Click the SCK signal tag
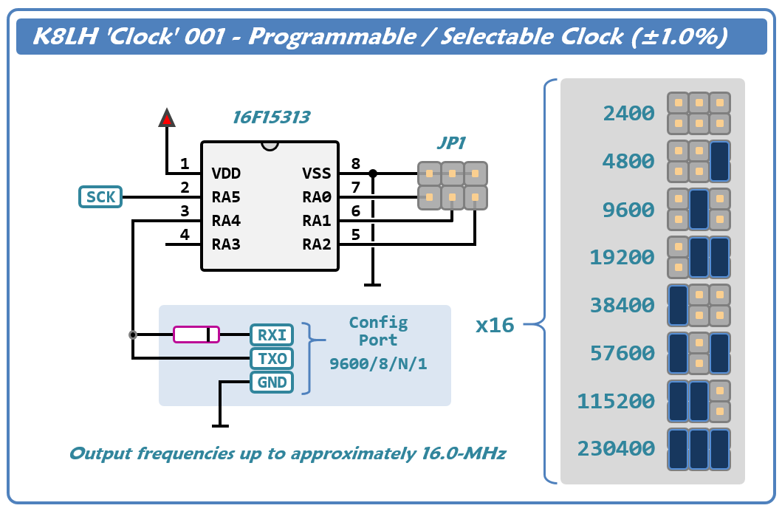[100, 197]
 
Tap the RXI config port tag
[271, 335]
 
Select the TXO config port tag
[271, 359]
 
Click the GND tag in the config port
[271, 383]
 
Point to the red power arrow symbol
[167, 117]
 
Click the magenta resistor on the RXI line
[196, 335]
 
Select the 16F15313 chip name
[271, 117]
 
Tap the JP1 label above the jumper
[451, 143]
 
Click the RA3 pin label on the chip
[226, 244]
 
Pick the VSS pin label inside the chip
[317, 174]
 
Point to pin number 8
[356, 164]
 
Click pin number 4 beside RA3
[185, 235]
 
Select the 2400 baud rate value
[628, 114]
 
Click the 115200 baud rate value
[616, 402]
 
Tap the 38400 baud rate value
[622, 306]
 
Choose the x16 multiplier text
[495, 325]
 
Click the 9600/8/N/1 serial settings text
[378, 364]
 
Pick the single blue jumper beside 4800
[719, 162]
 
